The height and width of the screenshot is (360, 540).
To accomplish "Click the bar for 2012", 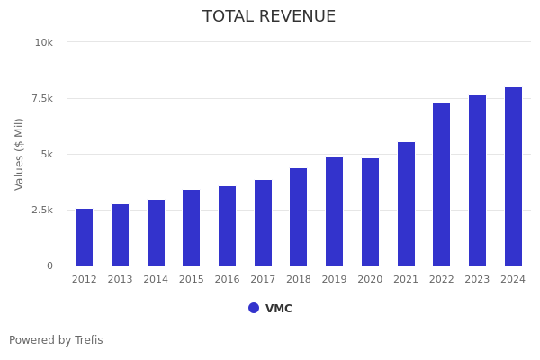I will coord(84,238).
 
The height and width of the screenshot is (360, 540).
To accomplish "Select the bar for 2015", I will coord(192,228).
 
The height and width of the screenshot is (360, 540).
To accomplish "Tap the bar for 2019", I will coord(335,211).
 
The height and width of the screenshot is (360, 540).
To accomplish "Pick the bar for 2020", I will coord(370,212).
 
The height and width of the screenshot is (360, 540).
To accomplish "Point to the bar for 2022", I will coord(442,184).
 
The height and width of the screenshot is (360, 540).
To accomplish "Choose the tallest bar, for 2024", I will coord(513,176).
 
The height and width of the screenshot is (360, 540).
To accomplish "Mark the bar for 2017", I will coord(263,223).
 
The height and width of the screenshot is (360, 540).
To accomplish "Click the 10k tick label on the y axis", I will coord(44,42).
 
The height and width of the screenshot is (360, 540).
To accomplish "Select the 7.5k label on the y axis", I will coord(41,98).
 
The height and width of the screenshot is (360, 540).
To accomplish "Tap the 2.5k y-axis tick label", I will coord(41,210).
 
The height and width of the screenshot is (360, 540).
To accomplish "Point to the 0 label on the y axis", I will coord(49,265).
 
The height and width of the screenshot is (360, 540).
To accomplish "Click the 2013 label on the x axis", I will coord(120,280).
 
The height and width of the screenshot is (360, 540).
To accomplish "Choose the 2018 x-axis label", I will coord(299,280).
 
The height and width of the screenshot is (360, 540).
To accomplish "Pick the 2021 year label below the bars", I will coord(406,280).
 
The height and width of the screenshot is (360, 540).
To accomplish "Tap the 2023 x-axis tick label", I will coord(477,280).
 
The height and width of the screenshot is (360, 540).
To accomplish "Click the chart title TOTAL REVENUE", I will coord(269,17).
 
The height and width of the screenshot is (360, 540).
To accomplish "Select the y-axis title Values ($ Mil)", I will coord(20,154).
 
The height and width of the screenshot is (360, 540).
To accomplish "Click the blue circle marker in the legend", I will coord(254,308).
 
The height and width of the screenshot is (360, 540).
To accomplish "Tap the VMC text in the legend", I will coord(279,309).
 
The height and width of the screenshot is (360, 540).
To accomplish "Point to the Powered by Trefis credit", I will coord(56,340).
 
